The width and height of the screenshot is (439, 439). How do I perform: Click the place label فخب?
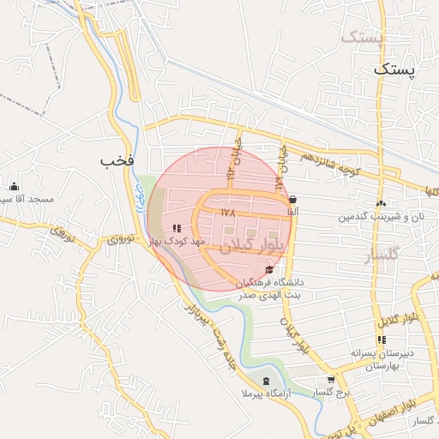pyautogui.click(x=117, y=160)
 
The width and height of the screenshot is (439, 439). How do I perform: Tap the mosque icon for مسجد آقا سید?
pyautogui.click(x=14, y=186)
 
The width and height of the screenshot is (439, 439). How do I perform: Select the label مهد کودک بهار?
pyautogui.click(x=176, y=243)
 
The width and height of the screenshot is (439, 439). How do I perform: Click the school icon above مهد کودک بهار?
pyautogui.click(x=176, y=228)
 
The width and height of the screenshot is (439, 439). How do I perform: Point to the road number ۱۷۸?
pyautogui.click(x=226, y=212)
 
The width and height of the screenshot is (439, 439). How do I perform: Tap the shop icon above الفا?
pyautogui.click(x=293, y=199)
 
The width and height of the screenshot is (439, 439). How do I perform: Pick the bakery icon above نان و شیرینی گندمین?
pyautogui.click(x=380, y=203)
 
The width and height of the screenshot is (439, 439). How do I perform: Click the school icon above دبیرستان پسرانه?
pyautogui.click(x=382, y=340)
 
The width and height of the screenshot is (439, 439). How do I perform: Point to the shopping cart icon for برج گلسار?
pyautogui.click(x=331, y=380)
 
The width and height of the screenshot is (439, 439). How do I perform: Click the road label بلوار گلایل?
pyautogui.click(x=387, y=311)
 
